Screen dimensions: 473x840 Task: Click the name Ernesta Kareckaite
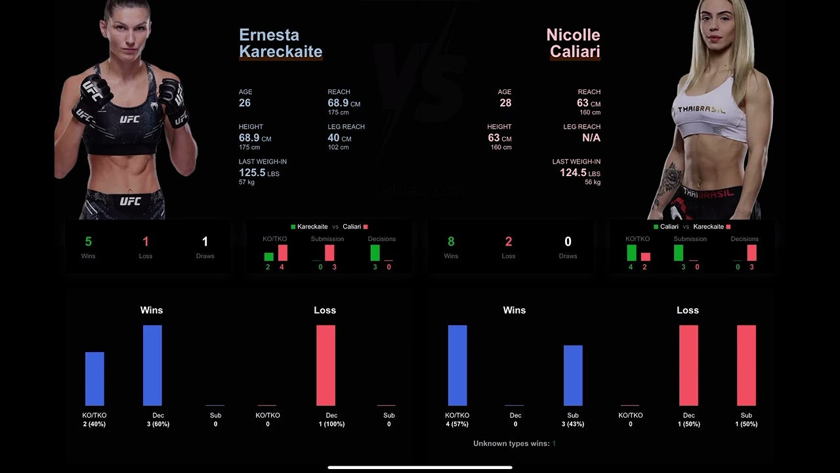click(x=280, y=43)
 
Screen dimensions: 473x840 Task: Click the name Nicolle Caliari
click(x=573, y=43)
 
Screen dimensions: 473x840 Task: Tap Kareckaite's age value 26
click(x=245, y=103)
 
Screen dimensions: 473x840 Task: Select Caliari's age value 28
click(x=505, y=103)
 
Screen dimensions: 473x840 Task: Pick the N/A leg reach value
click(x=591, y=138)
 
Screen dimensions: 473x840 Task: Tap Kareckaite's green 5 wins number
click(x=88, y=242)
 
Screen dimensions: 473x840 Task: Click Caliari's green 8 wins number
click(x=451, y=242)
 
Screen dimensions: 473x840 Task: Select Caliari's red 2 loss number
click(x=509, y=242)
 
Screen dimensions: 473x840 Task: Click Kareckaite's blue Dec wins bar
click(x=152, y=365)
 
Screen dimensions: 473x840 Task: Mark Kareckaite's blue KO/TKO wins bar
click(x=94, y=379)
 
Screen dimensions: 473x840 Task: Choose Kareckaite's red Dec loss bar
click(x=325, y=365)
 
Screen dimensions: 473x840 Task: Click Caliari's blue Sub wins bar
click(x=573, y=375)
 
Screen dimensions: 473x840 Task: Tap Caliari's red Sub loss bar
click(x=746, y=365)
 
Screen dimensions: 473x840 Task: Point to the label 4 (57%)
click(x=457, y=424)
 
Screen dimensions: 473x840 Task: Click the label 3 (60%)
click(x=158, y=424)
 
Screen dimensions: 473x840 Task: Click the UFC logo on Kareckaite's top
click(x=129, y=120)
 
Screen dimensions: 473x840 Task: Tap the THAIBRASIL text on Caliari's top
click(x=702, y=110)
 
